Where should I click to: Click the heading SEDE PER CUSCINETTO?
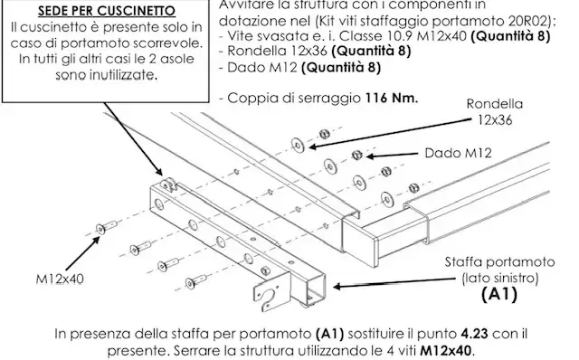point(107,11)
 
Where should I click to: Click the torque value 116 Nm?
point(392,99)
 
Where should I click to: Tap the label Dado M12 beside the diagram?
point(458,153)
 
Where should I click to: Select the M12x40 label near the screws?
point(60,279)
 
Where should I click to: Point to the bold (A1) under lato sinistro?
point(499,294)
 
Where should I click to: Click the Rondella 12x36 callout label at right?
point(495,111)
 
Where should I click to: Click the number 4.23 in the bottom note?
point(474,334)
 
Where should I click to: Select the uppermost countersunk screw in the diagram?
point(106,227)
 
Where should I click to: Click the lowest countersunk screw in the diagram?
point(195,281)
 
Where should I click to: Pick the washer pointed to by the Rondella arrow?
point(298,145)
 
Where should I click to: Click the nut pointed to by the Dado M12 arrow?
point(356,155)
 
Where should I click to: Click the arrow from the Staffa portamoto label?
point(394,283)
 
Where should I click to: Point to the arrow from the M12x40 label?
point(82,253)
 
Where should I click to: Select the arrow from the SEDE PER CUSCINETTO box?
point(133,139)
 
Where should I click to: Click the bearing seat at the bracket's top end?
point(168,185)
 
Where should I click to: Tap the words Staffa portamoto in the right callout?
point(499,262)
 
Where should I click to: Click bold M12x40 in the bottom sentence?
point(446,350)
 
